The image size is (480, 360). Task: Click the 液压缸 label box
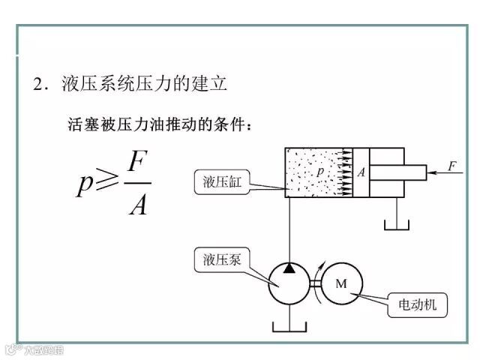[223, 183]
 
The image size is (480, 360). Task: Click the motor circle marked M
[341, 283]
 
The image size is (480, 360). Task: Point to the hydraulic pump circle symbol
[289, 283]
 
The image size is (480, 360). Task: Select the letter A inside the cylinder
[360, 172]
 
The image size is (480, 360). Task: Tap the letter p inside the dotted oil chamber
[320, 172]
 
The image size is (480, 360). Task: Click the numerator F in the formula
[136, 164]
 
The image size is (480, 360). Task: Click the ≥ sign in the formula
[105, 183]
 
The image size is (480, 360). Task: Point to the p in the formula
[84, 184]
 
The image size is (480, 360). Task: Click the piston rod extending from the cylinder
[397, 172]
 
